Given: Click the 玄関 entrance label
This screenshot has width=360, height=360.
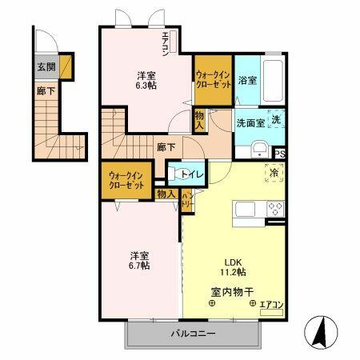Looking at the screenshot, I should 46,67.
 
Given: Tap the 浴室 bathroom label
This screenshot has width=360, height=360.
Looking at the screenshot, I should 246,81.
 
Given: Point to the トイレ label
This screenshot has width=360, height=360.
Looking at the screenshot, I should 192,174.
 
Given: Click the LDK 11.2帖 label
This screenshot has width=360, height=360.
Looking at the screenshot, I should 230,266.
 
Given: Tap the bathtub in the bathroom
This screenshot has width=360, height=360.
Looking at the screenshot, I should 274,81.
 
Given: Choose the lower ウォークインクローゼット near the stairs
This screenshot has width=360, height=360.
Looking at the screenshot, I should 127,179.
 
